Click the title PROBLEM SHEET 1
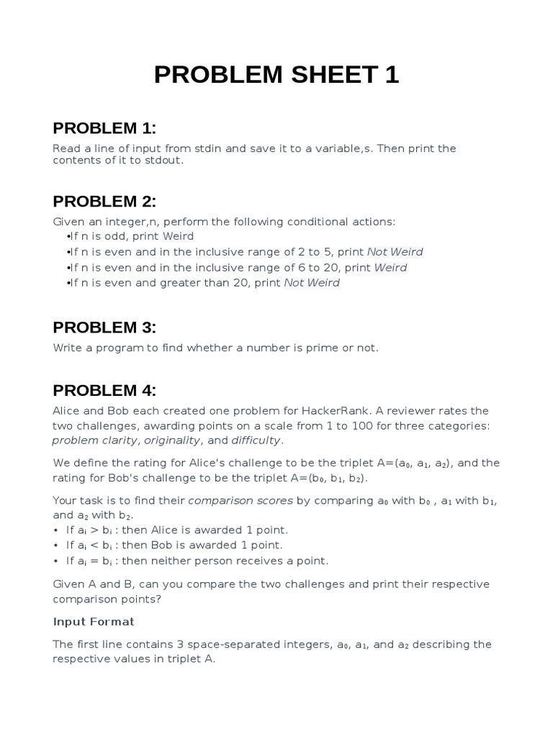276,75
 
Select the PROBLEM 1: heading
104,128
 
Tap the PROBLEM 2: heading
104,201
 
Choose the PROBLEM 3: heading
104,327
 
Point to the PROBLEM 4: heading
104,391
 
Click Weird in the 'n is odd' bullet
178,236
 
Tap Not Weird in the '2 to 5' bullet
395,252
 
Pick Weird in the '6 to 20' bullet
390,268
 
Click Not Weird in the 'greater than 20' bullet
312,283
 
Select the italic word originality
173,440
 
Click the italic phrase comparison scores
230,500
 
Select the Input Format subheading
94,621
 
